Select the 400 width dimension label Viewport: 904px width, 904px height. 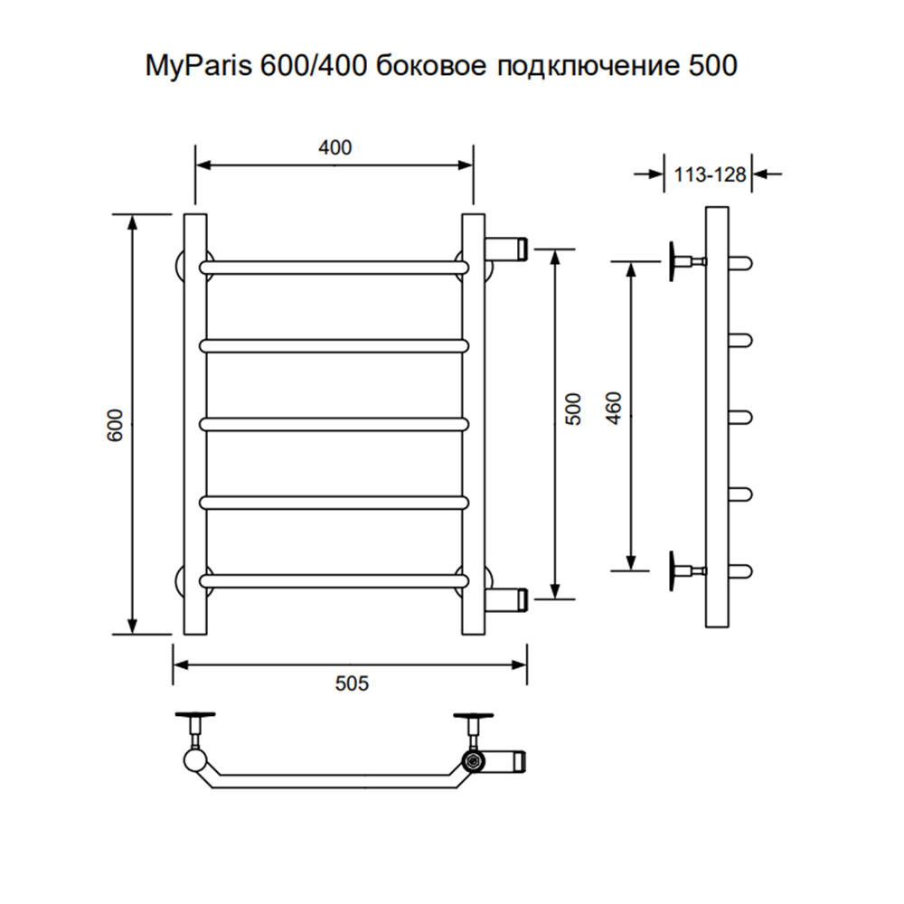pyautogui.click(x=335, y=147)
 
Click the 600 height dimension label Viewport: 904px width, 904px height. pyautogui.click(x=116, y=425)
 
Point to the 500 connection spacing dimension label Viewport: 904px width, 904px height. pyautogui.click(x=573, y=409)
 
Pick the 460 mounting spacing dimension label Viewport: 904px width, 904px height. pyautogui.click(x=615, y=409)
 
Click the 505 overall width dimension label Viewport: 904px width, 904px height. pyautogui.click(x=352, y=683)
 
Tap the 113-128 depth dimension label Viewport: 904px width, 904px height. pyautogui.click(x=710, y=174)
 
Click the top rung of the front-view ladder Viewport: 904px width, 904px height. pyautogui.click(x=334, y=267)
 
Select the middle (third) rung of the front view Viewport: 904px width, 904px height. pyautogui.click(x=334, y=424)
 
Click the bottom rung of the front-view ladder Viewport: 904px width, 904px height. pyautogui.click(x=334, y=580)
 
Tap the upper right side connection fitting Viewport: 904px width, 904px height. pyautogui.click(x=506, y=248)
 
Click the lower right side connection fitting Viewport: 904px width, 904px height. pyautogui.click(x=506, y=599)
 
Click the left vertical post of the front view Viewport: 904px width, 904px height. pyautogui.click(x=195, y=425)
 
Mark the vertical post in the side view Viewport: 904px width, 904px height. pyautogui.click(x=717, y=417)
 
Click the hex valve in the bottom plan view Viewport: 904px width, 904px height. pyautogui.click(x=473, y=761)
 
